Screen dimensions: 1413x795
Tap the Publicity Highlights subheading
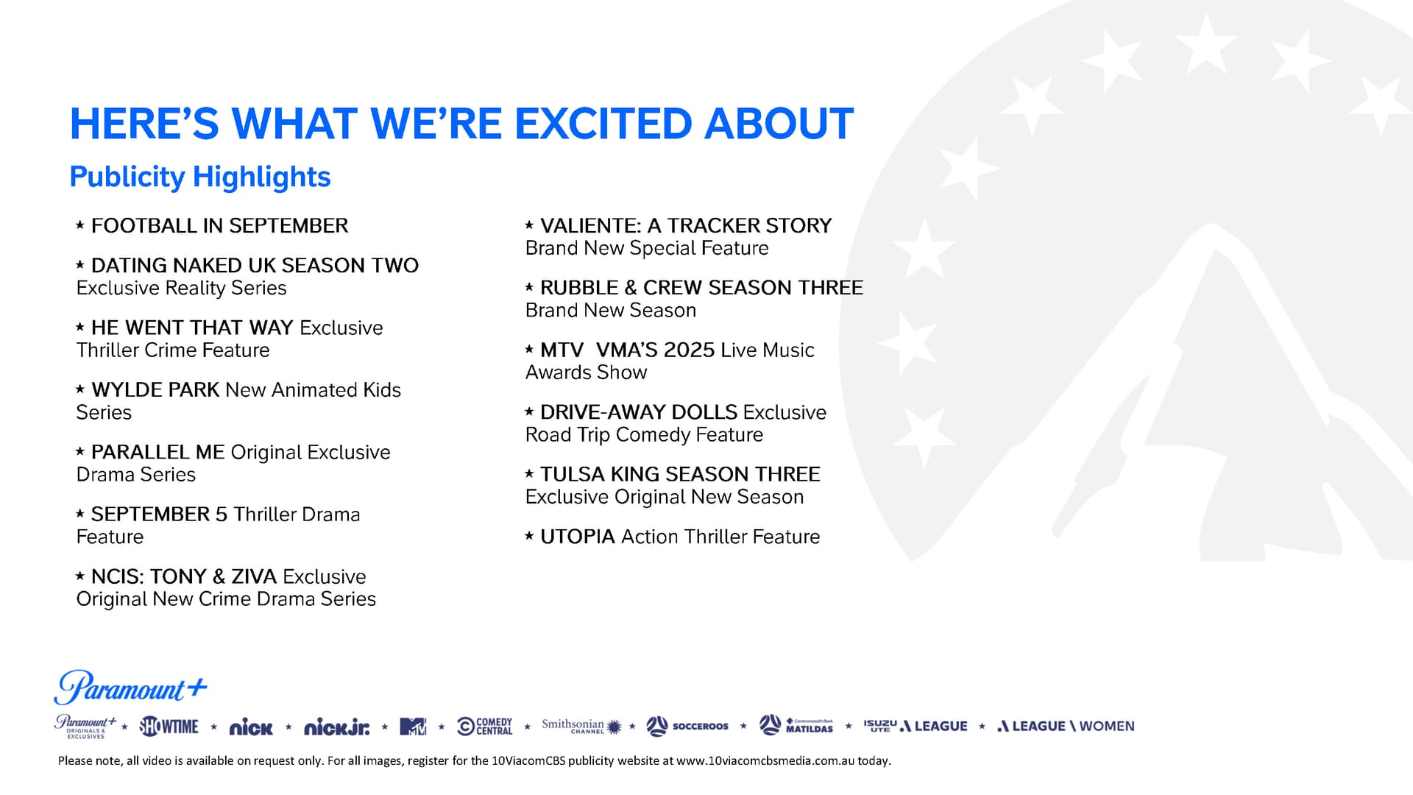tap(200, 177)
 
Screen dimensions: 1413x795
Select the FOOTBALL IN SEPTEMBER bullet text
tap(219, 225)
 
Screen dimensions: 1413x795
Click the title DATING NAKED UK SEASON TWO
tap(255, 265)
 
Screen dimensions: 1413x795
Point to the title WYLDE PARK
tap(155, 389)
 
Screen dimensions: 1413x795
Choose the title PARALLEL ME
tap(157, 452)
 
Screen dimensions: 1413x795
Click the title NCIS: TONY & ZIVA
tap(184, 576)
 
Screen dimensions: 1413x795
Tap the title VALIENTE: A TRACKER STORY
tap(686, 225)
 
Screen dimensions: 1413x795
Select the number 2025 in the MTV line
tap(689, 350)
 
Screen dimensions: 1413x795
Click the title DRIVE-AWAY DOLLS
tap(639, 412)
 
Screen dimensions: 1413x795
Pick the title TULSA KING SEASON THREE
tap(680, 474)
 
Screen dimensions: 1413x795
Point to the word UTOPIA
tap(578, 537)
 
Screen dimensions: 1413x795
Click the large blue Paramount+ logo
tap(130, 688)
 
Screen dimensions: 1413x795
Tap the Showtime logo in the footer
tap(169, 727)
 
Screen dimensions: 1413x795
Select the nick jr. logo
tap(336, 727)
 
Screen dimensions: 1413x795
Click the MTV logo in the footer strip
tap(413, 727)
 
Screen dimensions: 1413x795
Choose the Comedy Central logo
tap(484, 727)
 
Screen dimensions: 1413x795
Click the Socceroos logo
tap(687, 727)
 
